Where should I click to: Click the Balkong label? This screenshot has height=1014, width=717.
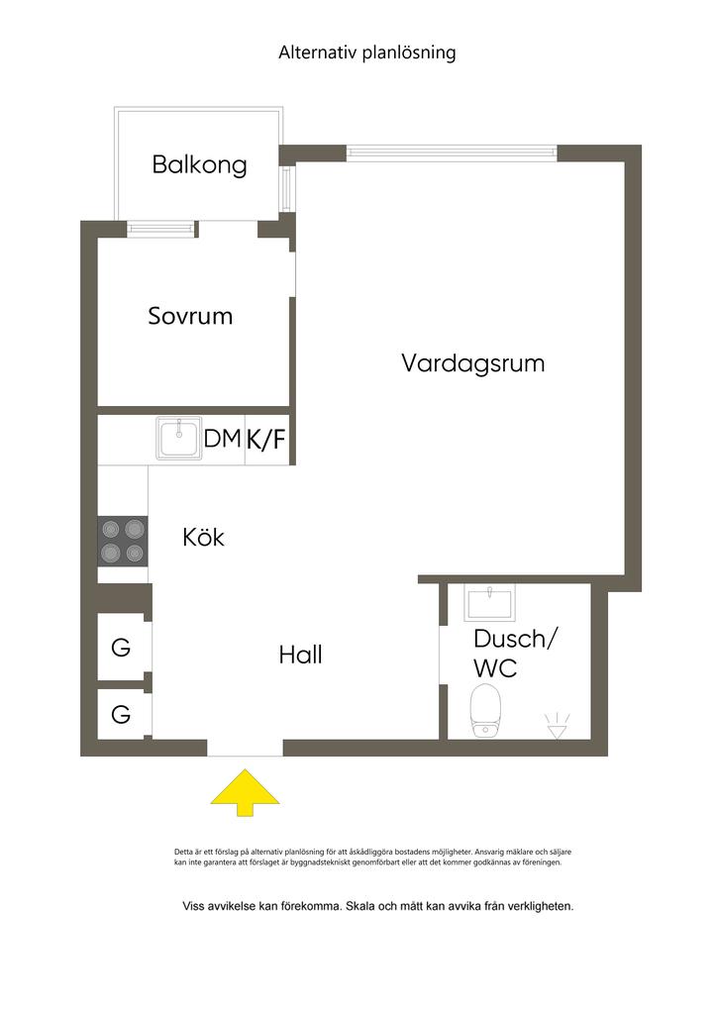(199, 165)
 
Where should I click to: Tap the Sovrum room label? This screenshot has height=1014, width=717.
(190, 316)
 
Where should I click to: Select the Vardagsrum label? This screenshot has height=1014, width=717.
(472, 362)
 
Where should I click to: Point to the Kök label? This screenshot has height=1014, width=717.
(203, 537)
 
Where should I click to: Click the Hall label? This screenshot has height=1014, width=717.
(300, 655)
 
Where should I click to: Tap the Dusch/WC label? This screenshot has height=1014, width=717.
(515, 654)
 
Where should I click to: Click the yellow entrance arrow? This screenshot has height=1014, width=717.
(245, 792)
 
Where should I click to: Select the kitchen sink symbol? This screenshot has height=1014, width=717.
(178, 439)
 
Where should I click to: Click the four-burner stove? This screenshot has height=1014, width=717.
(123, 542)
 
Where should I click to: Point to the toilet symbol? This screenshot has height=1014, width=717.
(485, 711)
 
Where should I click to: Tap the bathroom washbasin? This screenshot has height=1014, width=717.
(489, 602)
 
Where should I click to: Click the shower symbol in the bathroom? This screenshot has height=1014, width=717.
(557, 726)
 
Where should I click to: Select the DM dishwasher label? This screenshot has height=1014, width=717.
(223, 439)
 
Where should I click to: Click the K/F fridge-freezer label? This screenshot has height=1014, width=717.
(265, 440)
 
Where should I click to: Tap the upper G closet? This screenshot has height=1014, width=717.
(121, 648)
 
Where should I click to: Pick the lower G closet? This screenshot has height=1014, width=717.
(121, 715)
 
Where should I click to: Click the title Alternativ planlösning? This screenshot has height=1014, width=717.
(366, 52)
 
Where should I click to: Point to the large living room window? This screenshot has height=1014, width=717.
(452, 153)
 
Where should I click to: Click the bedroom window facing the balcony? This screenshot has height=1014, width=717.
(161, 229)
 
